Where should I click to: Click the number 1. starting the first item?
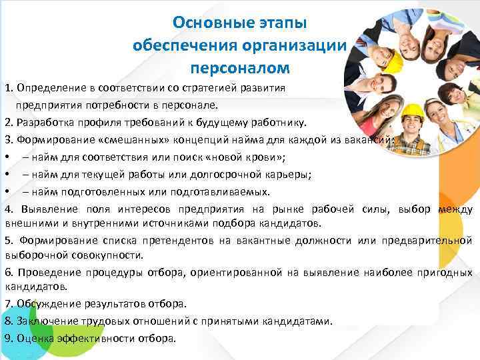click(x=9, y=88)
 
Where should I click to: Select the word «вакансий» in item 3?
click(x=373, y=140)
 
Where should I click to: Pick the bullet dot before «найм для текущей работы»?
click(x=6, y=175)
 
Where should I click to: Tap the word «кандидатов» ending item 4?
click(x=293, y=223)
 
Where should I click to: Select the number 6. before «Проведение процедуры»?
click(x=9, y=272)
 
